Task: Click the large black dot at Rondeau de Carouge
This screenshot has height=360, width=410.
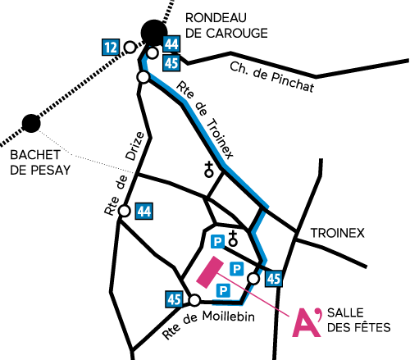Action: pos(154,33)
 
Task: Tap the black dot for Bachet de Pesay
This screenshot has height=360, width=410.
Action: pos(31,123)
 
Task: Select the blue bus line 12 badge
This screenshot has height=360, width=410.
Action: pos(111,48)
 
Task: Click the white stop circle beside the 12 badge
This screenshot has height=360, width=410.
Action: pos(130,47)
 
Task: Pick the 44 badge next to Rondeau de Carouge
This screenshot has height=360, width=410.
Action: pos(171,43)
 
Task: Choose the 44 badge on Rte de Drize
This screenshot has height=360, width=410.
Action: pos(144,211)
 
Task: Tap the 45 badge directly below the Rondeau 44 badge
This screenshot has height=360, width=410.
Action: pos(171,63)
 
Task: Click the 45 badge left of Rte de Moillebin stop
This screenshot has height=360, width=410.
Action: pos(174,299)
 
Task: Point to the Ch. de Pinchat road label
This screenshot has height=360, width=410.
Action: pos(271,76)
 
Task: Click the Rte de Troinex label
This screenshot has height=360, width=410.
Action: pos(205,120)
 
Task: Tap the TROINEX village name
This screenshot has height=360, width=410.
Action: pos(338,233)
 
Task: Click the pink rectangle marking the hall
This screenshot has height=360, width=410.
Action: pos(210,272)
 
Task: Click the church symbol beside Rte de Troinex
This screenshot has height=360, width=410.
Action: pos(209,170)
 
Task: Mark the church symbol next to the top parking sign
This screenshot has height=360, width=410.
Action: pos(233,239)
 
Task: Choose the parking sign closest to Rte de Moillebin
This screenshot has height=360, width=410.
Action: pos(223,290)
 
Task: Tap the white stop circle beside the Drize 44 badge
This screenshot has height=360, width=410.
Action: pos(125,211)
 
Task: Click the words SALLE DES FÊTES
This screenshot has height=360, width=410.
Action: pos(359,320)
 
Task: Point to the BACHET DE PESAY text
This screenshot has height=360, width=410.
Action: pos(40,162)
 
